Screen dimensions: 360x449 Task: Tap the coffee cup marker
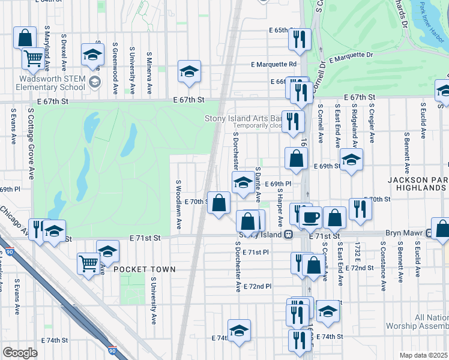pyautogui.click(x=310, y=217)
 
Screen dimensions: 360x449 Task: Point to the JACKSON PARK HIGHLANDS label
pyautogui.click(x=417, y=184)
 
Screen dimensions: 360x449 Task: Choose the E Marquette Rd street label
pyautogui.click(x=274, y=64)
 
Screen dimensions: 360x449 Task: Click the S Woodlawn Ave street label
pyautogui.click(x=179, y=204)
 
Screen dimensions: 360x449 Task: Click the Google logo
pyautogui.click(x=20, y=352)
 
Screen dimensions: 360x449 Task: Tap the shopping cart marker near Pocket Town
pyautogui.click(x=88, y=263)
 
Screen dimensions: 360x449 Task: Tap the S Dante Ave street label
pyautogui.click(x=258, y=184)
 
